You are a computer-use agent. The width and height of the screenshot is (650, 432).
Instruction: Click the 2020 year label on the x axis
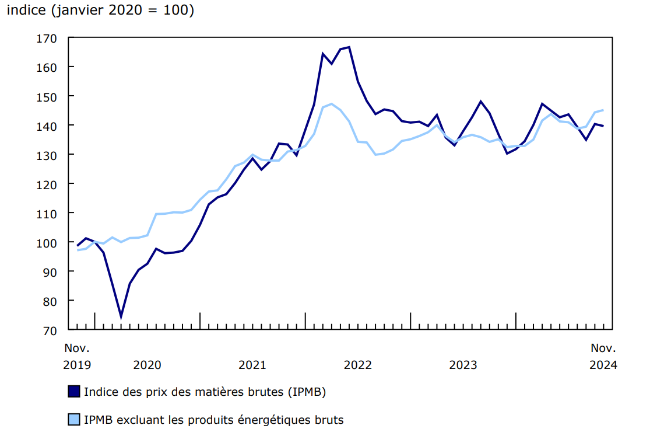tap(147, 365)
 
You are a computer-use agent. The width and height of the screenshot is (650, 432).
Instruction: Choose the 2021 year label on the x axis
tap(252, 365)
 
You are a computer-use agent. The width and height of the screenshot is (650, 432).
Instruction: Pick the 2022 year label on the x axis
tap(358, 365)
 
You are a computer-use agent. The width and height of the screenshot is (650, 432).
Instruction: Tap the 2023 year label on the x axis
tap(463, 365)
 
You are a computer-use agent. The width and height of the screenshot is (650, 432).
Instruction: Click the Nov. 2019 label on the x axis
tap(77, 356)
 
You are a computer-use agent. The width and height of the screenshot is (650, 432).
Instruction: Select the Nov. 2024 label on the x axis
tap(603, 356)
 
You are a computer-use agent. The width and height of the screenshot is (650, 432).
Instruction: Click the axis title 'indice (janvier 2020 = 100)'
tap(100, 11)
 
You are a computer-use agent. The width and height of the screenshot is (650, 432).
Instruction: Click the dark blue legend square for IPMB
tap(74, 392)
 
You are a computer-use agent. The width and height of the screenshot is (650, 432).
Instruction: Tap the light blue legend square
tap(74, 419)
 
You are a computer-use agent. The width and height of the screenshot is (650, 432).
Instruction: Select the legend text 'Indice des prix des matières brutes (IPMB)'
tap(205, 392)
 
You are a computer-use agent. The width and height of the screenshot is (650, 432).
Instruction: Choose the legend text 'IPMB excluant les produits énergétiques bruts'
tap(213, 419)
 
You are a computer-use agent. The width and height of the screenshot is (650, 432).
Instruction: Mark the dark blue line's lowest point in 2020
tap(121, 317)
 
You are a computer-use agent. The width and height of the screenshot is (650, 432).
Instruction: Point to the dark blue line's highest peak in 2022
tap(349, 47)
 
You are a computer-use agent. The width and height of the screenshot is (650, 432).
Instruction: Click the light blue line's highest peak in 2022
tap(331, 104)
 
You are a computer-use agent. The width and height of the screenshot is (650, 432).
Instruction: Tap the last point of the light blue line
tap(603, 110)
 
